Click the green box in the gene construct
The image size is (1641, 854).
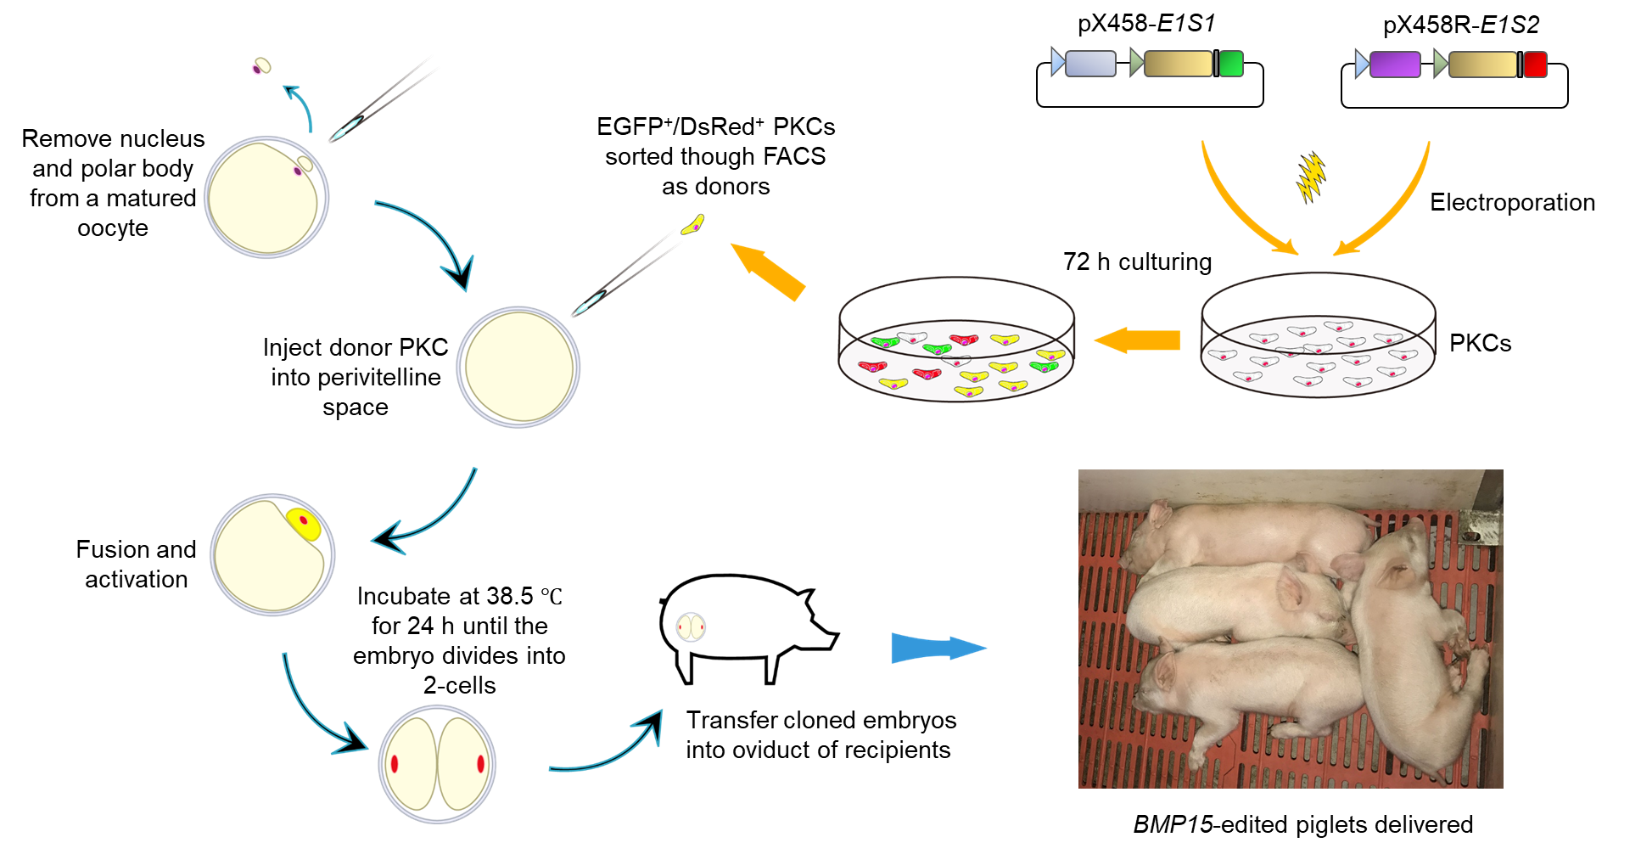point(1230,64)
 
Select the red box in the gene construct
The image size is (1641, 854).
point(1535,65)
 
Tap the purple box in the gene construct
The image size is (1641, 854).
point(1395,65)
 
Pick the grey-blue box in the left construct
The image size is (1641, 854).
point(1090,64)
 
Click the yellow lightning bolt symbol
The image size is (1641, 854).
point(1312,177)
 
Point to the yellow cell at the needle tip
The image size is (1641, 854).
point(693,225)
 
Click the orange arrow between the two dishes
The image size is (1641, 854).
point(1136,340)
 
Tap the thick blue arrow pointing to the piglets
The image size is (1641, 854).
point(938,648)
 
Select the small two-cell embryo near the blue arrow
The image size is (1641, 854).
point(691,627)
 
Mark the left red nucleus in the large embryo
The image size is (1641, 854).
point(395,763)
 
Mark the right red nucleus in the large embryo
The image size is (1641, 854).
point(480,763)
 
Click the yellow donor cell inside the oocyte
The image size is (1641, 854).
point(304,523)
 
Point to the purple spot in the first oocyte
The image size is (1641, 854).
point(298,171)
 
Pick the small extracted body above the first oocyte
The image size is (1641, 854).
point(261,66)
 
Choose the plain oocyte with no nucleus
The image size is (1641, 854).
point(518,367)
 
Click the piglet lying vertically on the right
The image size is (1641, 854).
point(1414,645)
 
